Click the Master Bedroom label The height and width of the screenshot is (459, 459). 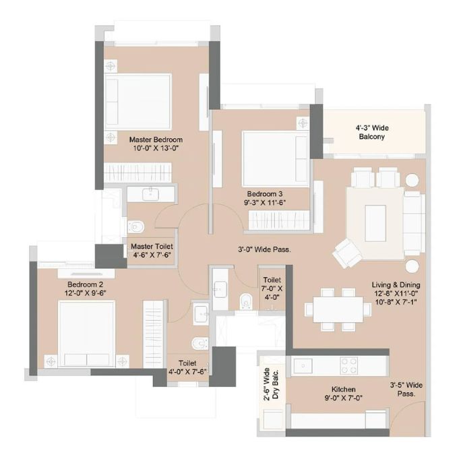156,140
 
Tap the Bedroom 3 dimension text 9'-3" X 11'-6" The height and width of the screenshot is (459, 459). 265,203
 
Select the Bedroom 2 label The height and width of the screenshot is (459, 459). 85,284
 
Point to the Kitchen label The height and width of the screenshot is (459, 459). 343,390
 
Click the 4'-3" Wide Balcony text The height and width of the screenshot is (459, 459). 372,132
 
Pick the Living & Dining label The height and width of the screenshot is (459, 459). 396,285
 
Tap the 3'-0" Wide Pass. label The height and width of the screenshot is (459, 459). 264,249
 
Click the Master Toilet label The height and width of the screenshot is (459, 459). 152,247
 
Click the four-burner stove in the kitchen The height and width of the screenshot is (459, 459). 349,365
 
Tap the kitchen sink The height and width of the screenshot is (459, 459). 303,366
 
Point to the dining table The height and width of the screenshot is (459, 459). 338,310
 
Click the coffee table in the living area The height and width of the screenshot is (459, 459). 375,223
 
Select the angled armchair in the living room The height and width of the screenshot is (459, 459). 348,253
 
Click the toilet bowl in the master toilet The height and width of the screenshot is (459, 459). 136,226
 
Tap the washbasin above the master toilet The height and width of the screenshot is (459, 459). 150,194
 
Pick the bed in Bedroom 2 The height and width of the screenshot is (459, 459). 86,334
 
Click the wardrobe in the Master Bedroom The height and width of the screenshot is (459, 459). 137,173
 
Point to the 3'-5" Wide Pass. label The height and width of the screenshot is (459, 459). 406,390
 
